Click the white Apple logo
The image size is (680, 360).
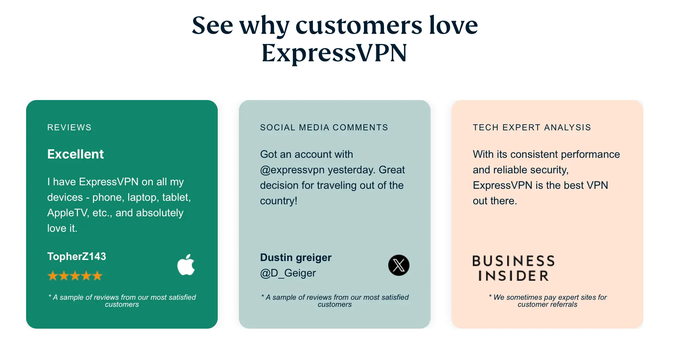[x=186, y=265]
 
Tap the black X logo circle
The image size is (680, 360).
[x=398, y=265]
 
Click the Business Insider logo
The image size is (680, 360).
[x=513, y=268]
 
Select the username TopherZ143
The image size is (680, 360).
[x=76, y=256]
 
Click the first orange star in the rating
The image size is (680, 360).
[x=53, y=276]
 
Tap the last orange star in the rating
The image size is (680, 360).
[x=97, y=276]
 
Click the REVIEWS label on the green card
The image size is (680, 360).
[x=69, y=128]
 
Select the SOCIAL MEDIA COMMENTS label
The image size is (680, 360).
[x=324, y=128]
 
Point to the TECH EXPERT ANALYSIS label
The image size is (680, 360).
[x=532, y=128]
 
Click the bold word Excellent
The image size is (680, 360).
[x=75, y=154]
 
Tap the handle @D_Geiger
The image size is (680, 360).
[x=288, y=273]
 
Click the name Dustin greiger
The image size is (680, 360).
[x=296, y=257]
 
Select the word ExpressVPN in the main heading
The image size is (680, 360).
[x=334, y=53]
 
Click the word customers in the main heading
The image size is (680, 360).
[x=359, y=26]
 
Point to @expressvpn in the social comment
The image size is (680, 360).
[x=292, y=170]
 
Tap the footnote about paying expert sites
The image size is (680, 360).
[x=548, y=301]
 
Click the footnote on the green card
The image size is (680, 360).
[x=122, y=301]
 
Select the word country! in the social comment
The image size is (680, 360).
[x=279, y=201]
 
